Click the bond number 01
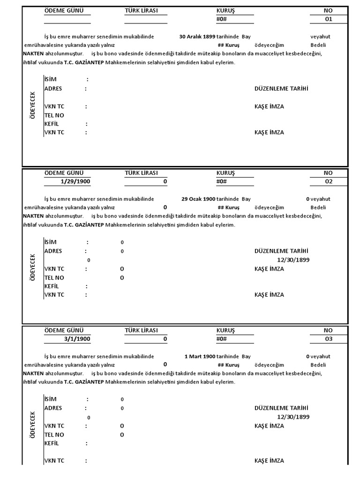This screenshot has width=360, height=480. click(328, 19)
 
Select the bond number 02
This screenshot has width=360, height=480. click(328, 181)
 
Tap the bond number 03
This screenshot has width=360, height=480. click(328, 339)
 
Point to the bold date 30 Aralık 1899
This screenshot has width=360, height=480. click(197, 36)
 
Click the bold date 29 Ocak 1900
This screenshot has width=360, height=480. click(198, 199)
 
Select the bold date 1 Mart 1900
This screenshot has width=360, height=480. click(200, 356)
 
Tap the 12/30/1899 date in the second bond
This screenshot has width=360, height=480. click(293, 260)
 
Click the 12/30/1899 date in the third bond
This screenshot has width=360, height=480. click(293, 417)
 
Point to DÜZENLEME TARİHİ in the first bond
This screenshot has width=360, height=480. click(281, 89)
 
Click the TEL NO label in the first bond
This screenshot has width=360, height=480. click(54, 115)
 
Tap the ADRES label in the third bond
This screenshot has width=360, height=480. click(53, 408)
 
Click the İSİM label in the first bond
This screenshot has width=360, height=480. click(50, 79)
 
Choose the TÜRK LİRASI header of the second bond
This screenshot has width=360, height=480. click(142, 173)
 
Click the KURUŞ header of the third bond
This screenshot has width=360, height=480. click(225, 330)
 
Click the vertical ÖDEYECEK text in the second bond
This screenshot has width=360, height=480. click(33, 267)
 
